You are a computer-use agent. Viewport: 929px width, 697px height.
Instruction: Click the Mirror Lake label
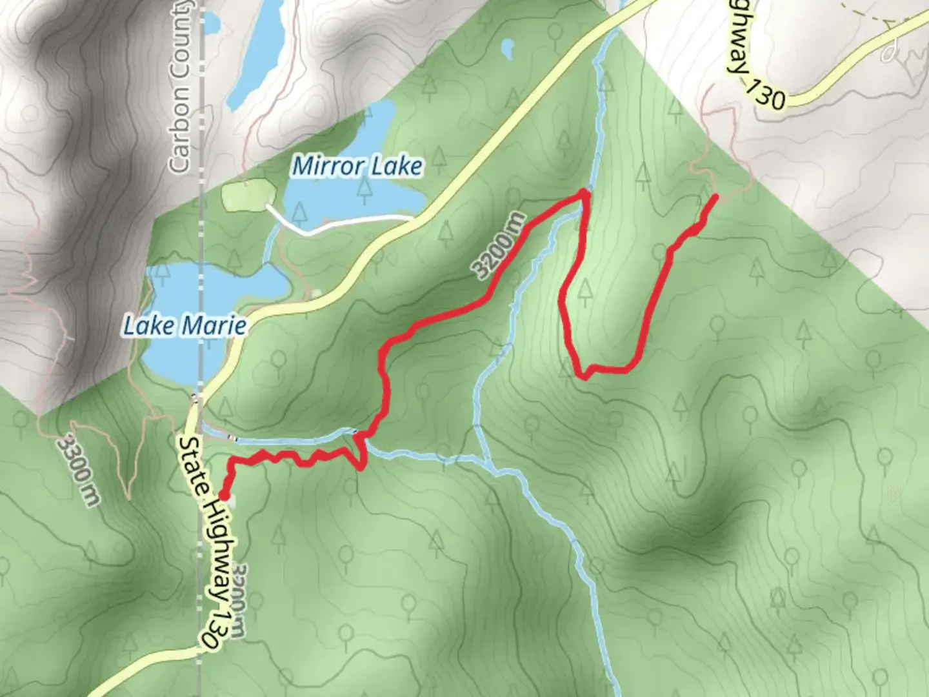357,167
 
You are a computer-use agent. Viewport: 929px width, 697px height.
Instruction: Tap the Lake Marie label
185,325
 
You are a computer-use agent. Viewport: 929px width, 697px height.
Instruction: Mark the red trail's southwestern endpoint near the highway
224,495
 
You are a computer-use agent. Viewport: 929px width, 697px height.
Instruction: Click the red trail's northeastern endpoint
715,196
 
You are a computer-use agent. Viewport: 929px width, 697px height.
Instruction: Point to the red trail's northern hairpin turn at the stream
584,193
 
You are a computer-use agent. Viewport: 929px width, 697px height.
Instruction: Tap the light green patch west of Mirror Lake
248,194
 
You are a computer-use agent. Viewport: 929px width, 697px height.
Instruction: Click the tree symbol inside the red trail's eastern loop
584,292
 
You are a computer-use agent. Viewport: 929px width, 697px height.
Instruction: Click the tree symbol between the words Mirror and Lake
366,188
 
